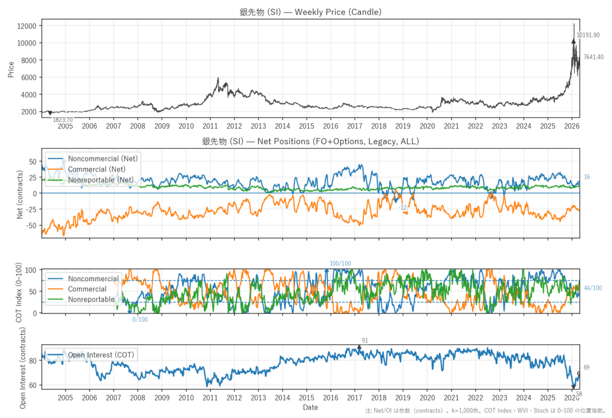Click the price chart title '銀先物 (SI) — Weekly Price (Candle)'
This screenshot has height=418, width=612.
tap(310, 12)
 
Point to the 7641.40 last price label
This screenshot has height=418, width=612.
tap(593, 57)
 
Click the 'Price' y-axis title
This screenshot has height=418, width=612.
tap(11, 68)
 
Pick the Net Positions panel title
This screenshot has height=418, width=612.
tap(310, 142)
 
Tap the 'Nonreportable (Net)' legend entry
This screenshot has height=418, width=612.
tap(100, 179)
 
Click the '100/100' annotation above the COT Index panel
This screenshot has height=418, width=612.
tap(341, 264)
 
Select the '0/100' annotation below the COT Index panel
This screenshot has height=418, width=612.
tap(140, 319)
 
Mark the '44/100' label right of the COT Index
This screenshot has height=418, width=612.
tap(593, 288)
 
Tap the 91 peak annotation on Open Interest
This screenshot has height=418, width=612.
tap(365, 340)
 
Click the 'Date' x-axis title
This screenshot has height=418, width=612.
tap(310, 407)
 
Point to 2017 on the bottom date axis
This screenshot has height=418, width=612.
tap(354, 397)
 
